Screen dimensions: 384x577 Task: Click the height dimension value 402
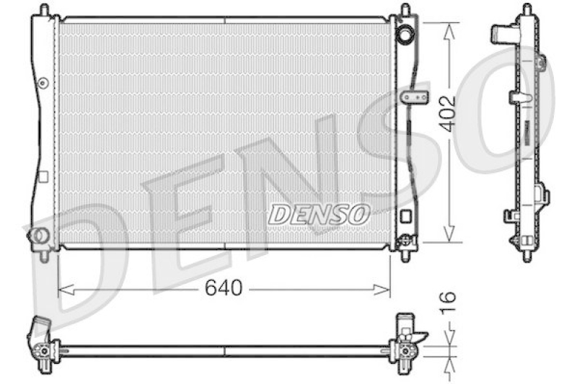tap(449, 113)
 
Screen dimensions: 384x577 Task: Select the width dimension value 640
tap(223, 288)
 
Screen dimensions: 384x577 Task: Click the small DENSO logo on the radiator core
tap(320, 214)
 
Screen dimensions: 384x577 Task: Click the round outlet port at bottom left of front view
tap(38, 234)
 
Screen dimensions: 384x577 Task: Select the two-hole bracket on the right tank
tap(413, 97)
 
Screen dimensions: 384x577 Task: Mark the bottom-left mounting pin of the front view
tap(45, 254)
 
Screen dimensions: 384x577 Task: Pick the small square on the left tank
tap(43, 177)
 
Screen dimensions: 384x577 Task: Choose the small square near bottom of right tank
tap(406, 215)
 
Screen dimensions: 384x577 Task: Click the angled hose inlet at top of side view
tap(503, 34)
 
